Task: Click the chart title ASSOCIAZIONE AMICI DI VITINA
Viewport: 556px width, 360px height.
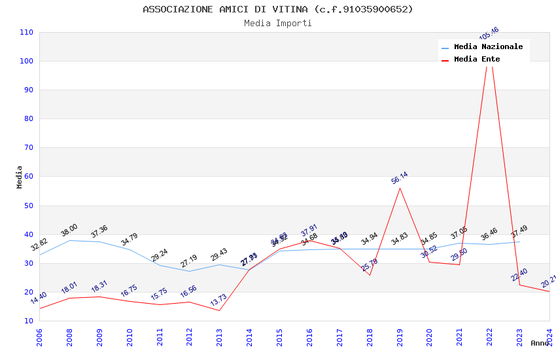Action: tap(277, 9)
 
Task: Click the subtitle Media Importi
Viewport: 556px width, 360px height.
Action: tap(277, 23)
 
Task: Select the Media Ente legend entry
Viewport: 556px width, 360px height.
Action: tap(477, 59)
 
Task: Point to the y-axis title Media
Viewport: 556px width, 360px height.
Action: tap(20, 177)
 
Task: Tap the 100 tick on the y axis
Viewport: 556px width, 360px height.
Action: tap(26, 61)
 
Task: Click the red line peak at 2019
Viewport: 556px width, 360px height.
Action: tap(400, 188)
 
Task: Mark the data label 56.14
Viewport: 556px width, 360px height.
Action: tap(400, 177)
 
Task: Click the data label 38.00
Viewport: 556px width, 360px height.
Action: tap(69, 230)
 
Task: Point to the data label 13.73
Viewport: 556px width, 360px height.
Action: tap(218, 300)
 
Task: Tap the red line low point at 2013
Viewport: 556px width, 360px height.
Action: tap(219, 310)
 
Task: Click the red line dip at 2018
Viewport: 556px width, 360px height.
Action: tap(370, 275)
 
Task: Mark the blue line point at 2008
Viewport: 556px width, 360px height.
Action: tap(69, 240)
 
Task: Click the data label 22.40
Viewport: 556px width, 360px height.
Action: tap(519, 275)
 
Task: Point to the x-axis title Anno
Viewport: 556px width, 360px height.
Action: tap(540, 343)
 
